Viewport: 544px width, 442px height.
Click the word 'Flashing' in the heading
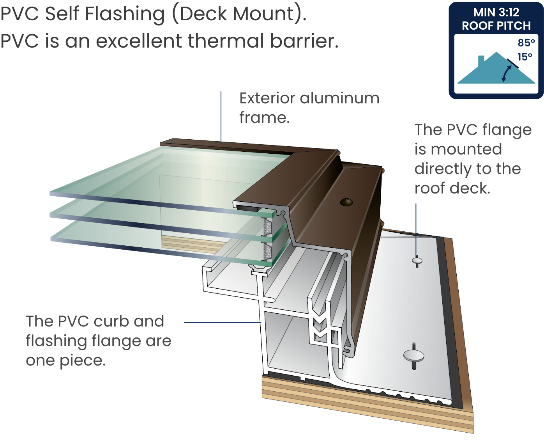[125, 14]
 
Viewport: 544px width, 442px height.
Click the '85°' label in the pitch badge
[526, 43]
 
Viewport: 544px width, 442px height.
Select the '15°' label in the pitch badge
[525, 57]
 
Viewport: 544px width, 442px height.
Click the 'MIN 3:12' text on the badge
[496, 12]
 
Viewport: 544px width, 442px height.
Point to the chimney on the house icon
[481, 59]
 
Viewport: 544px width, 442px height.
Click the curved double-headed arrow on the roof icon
[506, 74]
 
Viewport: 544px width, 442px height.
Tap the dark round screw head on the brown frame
[346, 202]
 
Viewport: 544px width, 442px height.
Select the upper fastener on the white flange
[417, 261]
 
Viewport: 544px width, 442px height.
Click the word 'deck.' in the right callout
[471, 188]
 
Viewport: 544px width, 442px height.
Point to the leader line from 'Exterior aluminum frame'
[221, 117]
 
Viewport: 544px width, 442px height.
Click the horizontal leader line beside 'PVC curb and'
[222, 323]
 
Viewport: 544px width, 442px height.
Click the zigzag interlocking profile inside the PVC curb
[320, 328]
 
